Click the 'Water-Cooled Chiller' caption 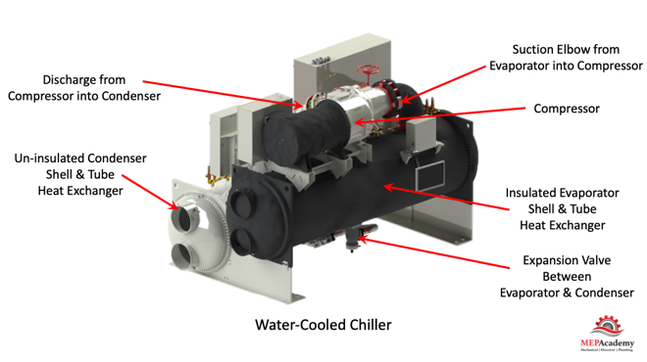323,325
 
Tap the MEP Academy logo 607,334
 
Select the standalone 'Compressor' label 567,109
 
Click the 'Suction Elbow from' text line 566,50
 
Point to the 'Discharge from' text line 84,79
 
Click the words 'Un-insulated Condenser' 80,158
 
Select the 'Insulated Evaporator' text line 562,193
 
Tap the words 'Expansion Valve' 567,260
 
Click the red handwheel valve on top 366,70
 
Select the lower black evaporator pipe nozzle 243,242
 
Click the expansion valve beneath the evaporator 352,239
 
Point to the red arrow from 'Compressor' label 439,115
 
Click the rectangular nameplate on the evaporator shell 430,176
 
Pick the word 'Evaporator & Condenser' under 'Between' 567,293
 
